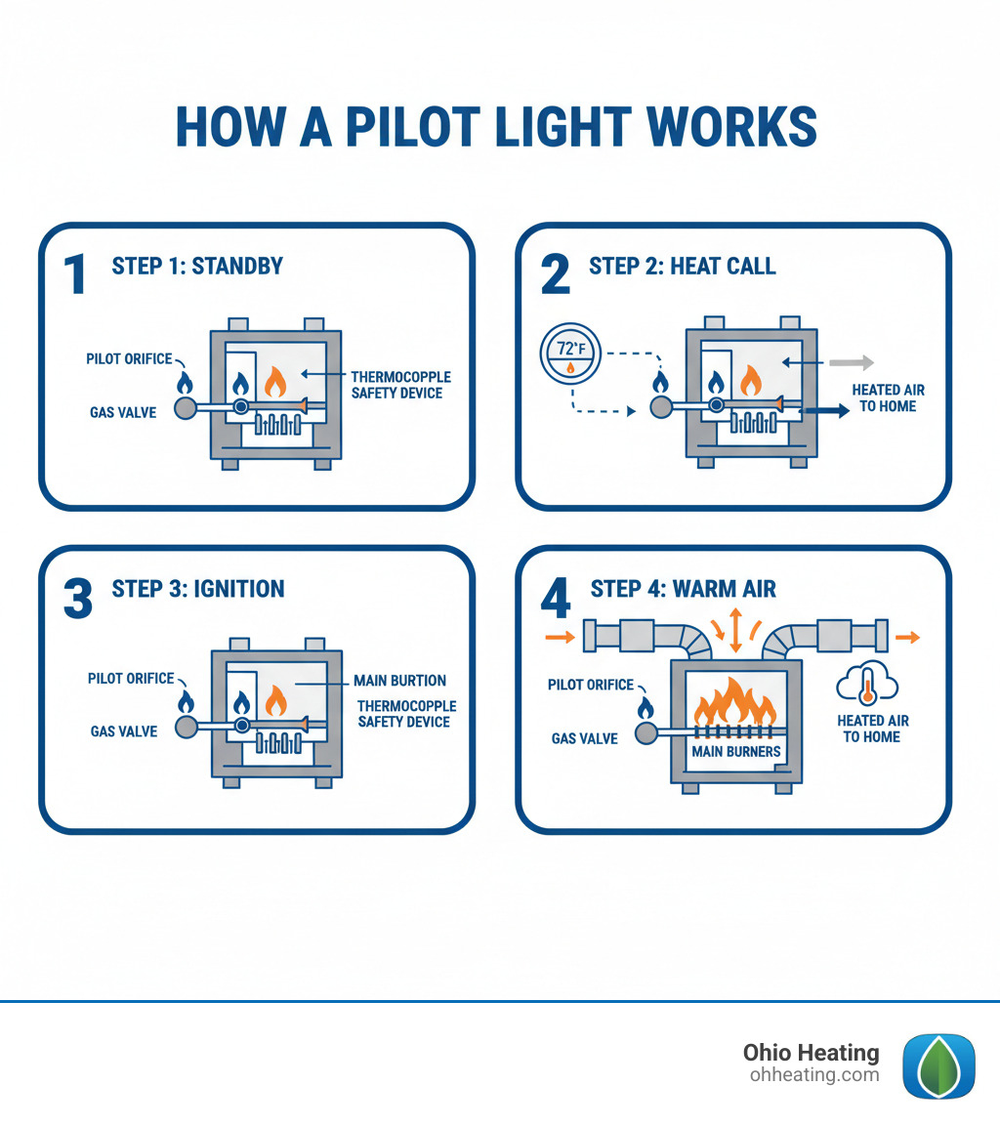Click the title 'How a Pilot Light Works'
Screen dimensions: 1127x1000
click(496, 127)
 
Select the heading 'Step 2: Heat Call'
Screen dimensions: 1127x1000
click(682, 267)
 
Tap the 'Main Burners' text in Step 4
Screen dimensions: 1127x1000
click(736, 752)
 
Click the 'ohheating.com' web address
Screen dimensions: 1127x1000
click(814, 1075)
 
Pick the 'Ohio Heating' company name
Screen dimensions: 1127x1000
click(811, 1053)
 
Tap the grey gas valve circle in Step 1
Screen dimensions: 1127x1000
click(186, 407)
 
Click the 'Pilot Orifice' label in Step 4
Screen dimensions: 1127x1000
click(591, 685)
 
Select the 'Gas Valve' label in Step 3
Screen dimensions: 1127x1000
click(124, 731)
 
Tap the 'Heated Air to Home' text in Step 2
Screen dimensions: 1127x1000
click(888, 397)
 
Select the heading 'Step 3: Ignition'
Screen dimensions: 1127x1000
click(198, 589)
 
